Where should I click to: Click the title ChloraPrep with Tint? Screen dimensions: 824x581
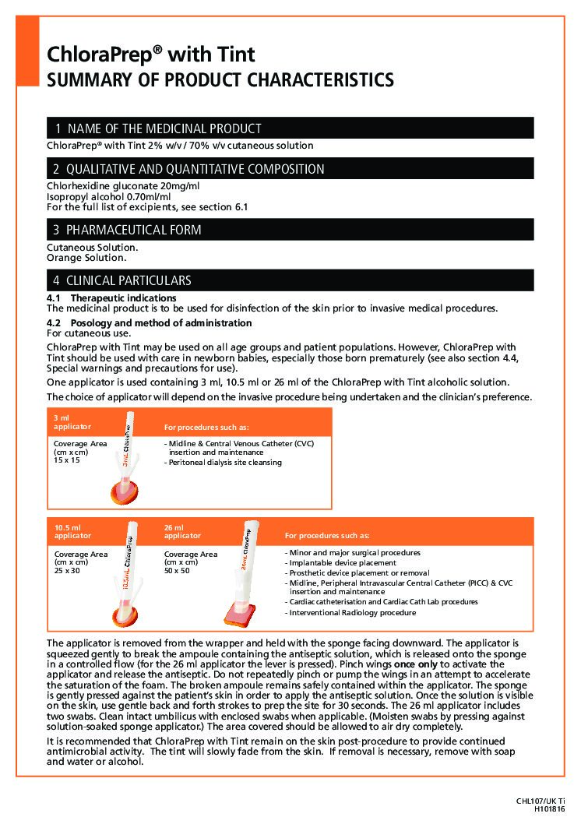coord(151,55)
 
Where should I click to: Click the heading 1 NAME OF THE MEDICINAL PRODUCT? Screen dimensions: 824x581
coord(157,129)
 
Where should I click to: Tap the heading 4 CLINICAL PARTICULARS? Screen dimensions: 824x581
coord(122,280)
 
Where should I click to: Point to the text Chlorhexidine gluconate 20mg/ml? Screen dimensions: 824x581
coord(123,186)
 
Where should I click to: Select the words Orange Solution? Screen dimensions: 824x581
coord(86,258)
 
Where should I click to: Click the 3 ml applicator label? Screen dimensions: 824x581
coord(72,422)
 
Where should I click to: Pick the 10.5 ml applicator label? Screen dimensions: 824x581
coord(72,531)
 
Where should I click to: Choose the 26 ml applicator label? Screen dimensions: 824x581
coord(182,531)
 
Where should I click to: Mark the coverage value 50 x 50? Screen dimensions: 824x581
coord(177,571)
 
